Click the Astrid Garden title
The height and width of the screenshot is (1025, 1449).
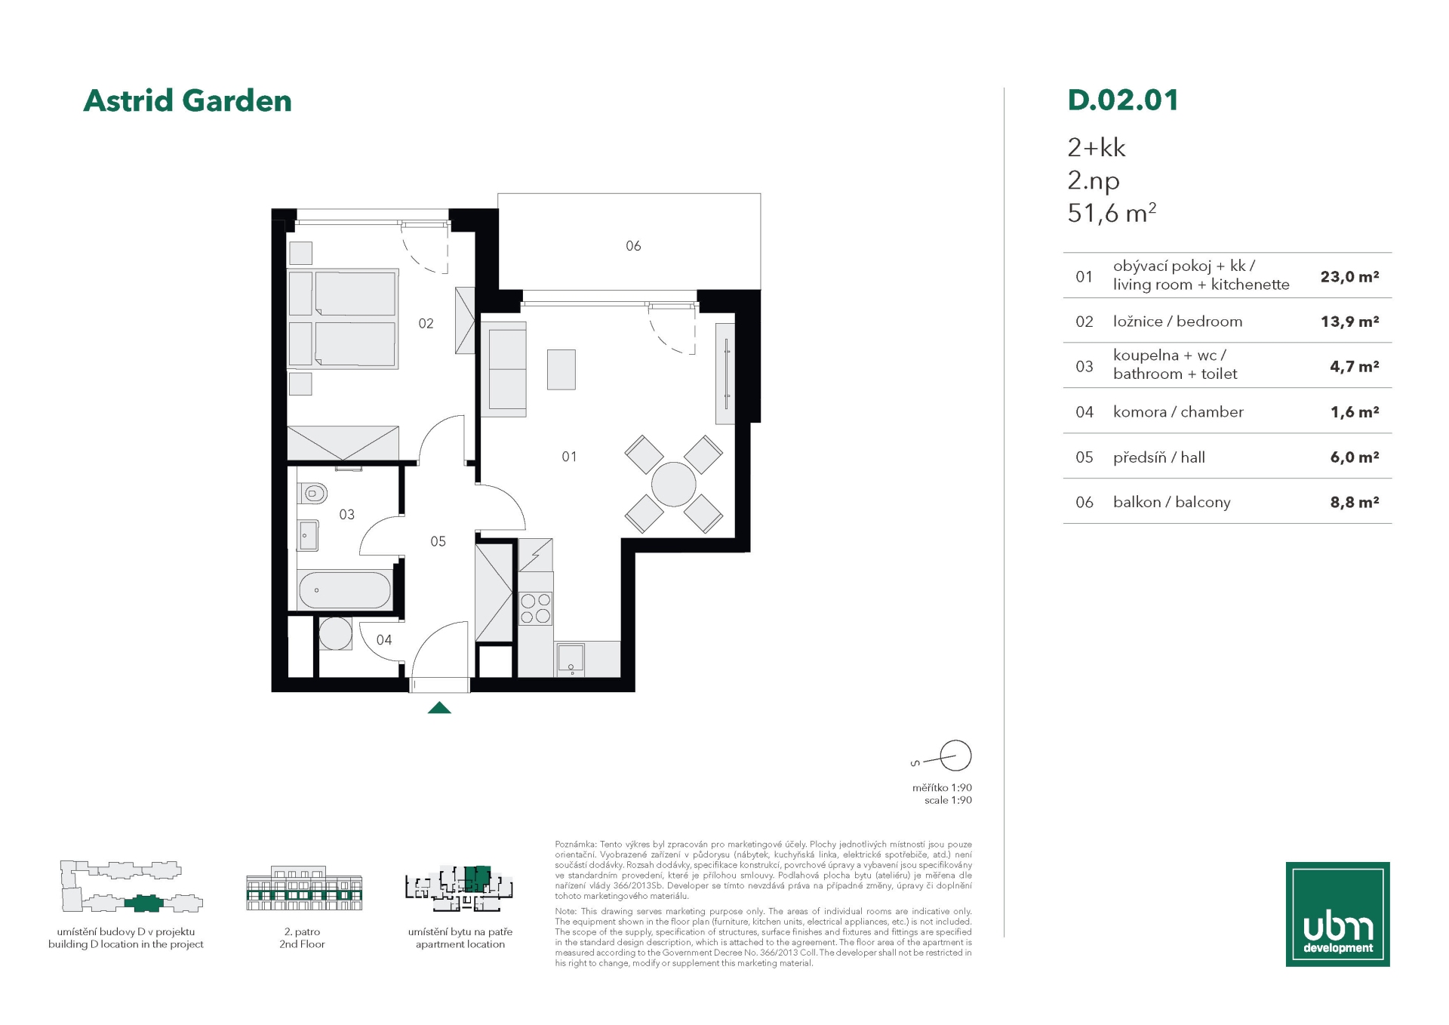[x=187, y=101]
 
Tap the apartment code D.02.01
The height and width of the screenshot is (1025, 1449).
[x=1123, y=100]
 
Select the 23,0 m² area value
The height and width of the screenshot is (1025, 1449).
[x=1349, y=276]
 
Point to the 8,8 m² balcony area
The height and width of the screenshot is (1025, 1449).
[x=1354, y=502]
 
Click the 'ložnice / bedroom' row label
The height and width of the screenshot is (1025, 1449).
[x=1177, y=322]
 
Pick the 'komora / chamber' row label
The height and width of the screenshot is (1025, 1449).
[x=1178, y=412]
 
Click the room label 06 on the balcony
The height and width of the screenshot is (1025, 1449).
[x=633, y=246]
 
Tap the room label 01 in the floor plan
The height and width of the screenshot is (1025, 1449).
[x=569, y=457]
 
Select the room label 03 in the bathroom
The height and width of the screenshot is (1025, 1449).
[x=346, y=515]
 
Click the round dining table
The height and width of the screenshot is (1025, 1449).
[x=673, y=485]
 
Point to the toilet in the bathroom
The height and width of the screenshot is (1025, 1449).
[x=312, y=494]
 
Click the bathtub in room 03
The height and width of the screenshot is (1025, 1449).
[x=345, y=590]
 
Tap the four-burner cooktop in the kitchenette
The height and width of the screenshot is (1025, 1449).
[x=535, y=609]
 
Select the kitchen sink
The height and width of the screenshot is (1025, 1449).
[x=571, y=659]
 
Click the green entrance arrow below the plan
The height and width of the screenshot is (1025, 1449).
[x=439, y=708]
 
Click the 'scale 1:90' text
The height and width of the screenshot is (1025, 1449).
[x=948, y=800]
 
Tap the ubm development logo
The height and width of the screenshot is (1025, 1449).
[x=1337, y=914]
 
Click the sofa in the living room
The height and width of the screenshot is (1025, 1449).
[x=503, y=369]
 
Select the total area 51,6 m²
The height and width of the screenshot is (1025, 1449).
[x=1112, y=214]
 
